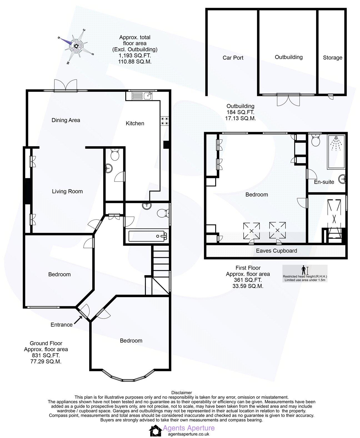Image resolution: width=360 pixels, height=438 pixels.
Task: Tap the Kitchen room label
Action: (135, 123)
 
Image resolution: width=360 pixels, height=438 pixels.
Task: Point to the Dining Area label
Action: (66, 120)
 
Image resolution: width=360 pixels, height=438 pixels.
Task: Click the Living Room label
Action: (67, 191)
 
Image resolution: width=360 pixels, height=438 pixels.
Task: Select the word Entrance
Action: (61, 325)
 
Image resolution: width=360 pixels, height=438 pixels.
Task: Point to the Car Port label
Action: (233, 58)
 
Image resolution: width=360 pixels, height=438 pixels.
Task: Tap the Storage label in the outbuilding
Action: (332, 58)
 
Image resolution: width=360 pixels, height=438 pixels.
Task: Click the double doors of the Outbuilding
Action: (289, 100)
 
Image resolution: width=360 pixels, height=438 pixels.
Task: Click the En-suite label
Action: (324, 182)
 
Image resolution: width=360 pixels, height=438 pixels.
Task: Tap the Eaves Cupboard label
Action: (276, 251)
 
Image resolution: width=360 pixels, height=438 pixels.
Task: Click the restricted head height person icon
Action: (303, 270)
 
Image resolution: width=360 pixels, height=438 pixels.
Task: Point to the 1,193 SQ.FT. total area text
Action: (135, 56)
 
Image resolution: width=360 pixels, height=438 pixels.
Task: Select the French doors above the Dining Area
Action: (66, 85)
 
